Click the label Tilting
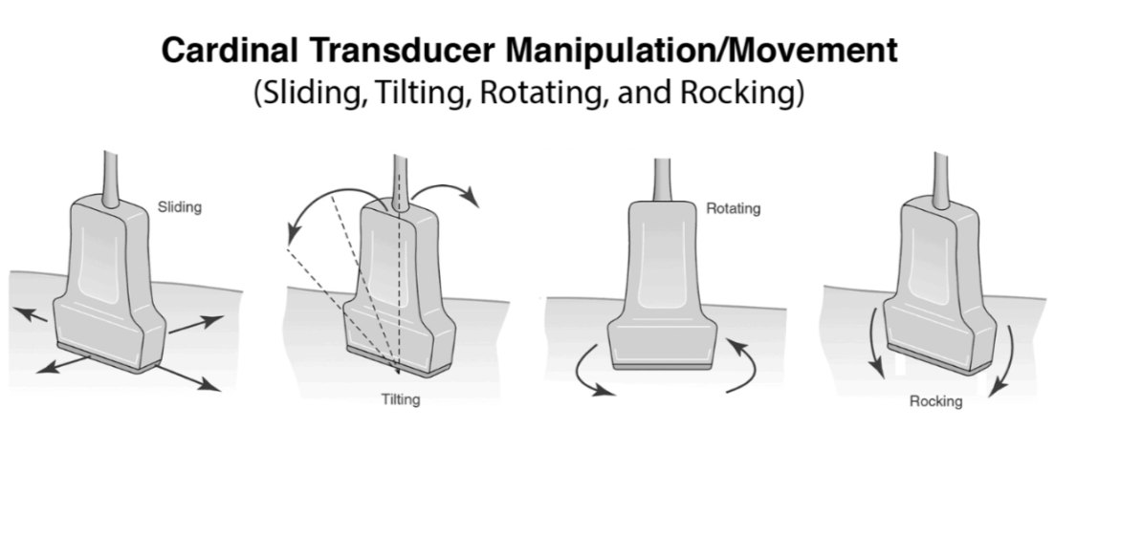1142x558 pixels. click(400, 399)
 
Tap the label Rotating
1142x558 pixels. click(734, 207)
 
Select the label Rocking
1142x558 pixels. click(935, 401)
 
